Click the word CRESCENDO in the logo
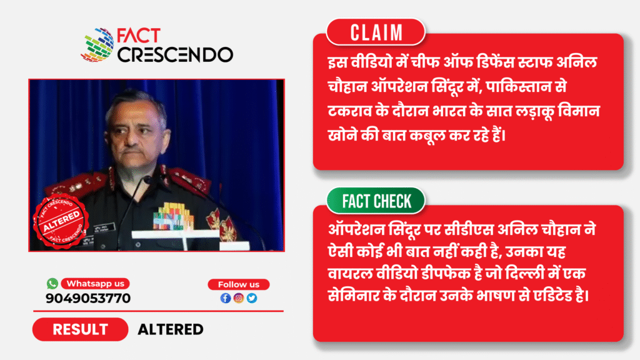pos(175,55)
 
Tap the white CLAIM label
pos(376,32)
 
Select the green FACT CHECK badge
pos(376,201)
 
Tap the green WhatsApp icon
pos(52,283)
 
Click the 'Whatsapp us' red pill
pos(96,284)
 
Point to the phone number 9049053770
pos(88,298)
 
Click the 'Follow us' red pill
pos(238,284)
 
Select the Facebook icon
pos(225,298)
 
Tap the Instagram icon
pos(239,298)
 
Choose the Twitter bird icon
pos(252,298)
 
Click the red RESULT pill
pos(81,329)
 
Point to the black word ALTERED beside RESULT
pos(171,329)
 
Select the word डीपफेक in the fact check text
pos(445,274)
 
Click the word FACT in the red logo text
pos(138,36)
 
